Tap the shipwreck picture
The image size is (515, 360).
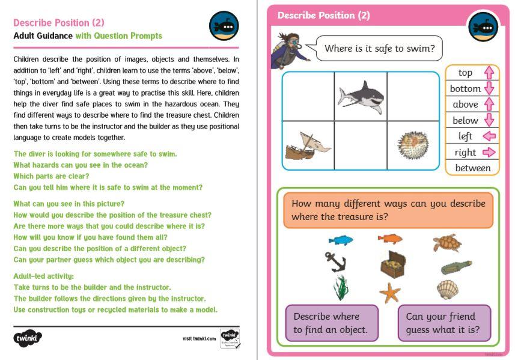click(x=305, y=145)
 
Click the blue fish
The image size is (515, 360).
click(x=341, y=240)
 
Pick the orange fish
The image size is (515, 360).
click(x=389, y=239)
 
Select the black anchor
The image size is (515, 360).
click(x=334, y=262)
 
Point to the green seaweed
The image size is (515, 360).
click(x=341, y=287)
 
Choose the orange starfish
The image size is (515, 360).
click(x=390, y=293)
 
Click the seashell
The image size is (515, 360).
click(x=447, y=289)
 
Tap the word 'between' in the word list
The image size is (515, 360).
click(x=472, y=168)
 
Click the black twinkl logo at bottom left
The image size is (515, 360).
click(x=28, y=338)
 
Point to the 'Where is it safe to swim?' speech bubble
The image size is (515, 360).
click(x=379, y=48)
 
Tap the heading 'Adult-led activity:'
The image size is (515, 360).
click(x=43, y=276)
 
